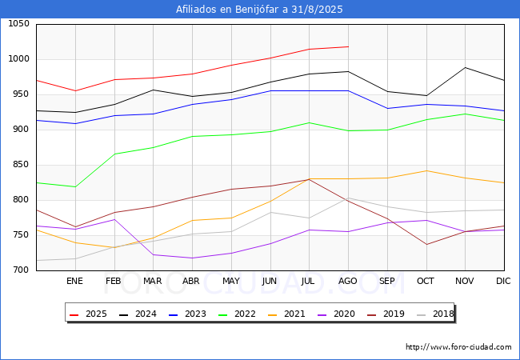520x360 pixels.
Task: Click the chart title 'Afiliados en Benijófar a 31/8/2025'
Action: point(260,10)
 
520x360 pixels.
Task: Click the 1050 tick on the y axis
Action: point(18,24)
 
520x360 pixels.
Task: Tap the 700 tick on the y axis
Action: point(21,270)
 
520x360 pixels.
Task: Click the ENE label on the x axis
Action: point(74,282)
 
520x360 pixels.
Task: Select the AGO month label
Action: point(348,282)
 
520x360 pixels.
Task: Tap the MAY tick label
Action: point(231,282)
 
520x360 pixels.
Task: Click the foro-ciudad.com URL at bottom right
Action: point(458,347)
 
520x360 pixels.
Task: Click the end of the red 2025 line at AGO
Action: point(348,46)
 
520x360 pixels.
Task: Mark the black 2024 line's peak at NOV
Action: point(466,67)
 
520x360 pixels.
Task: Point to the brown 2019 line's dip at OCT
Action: point(426,245)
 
